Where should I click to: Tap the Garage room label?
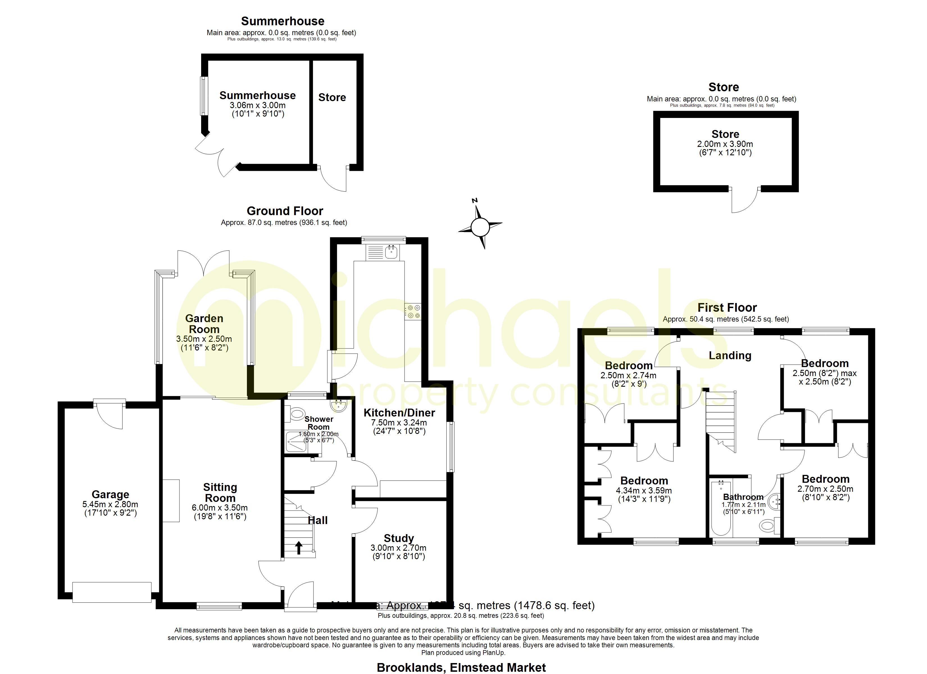[x=110, y=495]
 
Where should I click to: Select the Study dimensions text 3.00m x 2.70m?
[x=399, y=548]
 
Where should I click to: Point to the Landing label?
[x=730, y=356]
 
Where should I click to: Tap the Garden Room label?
[x=204, y=324]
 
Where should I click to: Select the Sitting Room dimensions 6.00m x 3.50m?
[x=220, y=508]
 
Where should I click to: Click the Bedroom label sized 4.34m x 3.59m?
[x=644, y=481]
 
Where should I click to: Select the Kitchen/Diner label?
[x=399, y=413]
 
